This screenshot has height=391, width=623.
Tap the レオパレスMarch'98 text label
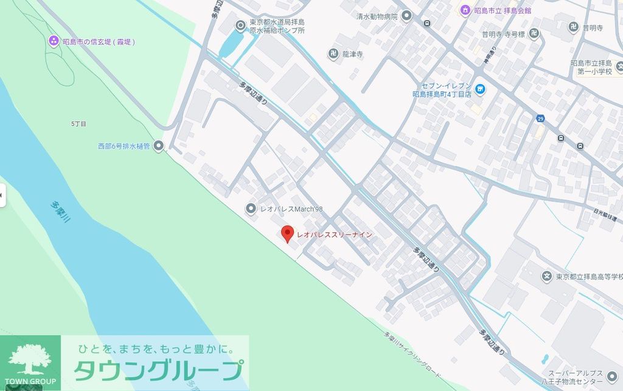click(x=291, y=209)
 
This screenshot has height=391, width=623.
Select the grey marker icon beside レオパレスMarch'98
click(x=251, y=209)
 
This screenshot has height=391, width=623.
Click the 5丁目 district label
click(x=78, y=124)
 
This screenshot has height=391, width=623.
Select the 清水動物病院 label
click(x=377, y=16)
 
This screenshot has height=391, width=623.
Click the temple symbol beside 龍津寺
click(x=333, y=54)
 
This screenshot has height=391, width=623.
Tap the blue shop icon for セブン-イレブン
click(x=480, y=90)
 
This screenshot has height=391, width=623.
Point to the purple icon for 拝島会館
click(x=465, y=10)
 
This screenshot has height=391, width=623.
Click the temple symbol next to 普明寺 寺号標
click(x=534, y=33)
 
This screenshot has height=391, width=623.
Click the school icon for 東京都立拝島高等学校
click(x=547, y=277)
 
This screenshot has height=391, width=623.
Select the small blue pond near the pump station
click(x=231, y=43)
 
